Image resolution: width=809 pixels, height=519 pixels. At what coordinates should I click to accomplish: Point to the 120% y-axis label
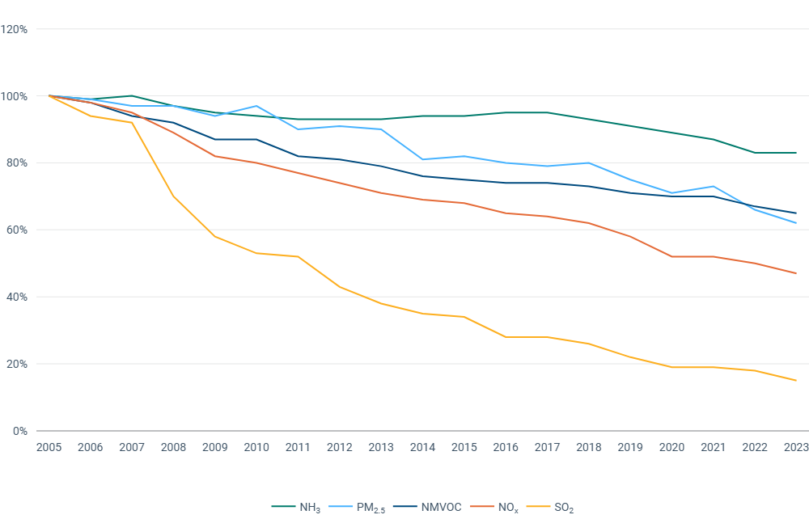point(15,29)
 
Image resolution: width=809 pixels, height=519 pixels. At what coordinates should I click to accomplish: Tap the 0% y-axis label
point(20,431)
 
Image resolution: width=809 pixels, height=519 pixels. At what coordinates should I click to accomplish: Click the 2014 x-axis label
point(422,447)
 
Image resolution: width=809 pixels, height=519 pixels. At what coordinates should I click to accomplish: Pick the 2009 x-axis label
point(214,447)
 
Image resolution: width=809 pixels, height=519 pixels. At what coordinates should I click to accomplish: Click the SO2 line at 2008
point(173,196)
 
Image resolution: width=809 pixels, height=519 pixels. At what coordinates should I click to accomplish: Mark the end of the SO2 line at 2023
point(796,381)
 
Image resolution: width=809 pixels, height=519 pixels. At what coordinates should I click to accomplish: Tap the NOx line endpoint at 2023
point(796,273)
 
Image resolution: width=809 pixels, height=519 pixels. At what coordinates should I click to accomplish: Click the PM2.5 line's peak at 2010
point(256,106)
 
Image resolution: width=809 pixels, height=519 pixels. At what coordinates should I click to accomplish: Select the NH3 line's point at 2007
point(132,95)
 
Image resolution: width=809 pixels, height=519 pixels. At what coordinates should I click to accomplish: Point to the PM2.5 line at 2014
point(422,159)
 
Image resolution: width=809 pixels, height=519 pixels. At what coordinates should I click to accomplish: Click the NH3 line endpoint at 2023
point(796,153)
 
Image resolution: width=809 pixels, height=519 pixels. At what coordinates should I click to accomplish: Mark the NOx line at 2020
point(671,256)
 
